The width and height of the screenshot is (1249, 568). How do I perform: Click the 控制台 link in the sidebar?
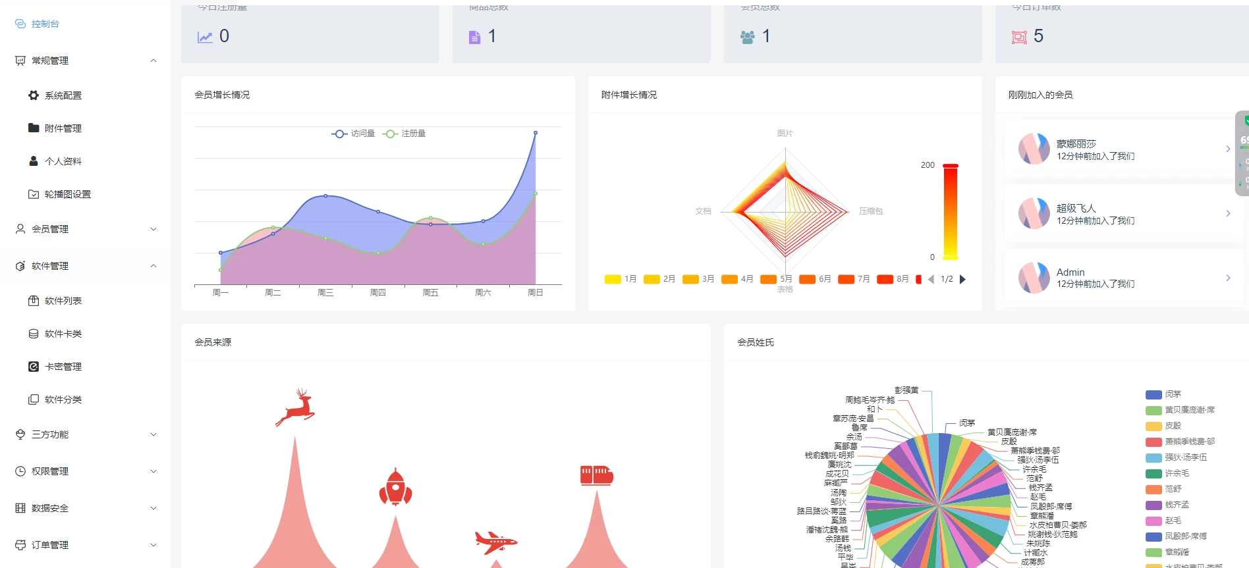tap(45, 24)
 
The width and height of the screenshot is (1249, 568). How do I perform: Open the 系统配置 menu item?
tap(63, 95)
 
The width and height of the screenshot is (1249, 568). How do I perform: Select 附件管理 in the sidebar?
tap(63, 128)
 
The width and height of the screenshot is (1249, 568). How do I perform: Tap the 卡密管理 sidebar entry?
tap(63, 367)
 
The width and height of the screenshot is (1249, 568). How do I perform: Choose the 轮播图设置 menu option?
tap(67, 194)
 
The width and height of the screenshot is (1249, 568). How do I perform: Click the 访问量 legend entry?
tap(353, 134)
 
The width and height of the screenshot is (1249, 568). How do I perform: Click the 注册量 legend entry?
tap(404, 134)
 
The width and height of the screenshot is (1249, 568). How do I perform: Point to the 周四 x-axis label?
tap(378, 293)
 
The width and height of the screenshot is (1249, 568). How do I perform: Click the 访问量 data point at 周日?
tap(536, 133)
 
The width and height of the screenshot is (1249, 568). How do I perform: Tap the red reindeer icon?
tap(296, 407)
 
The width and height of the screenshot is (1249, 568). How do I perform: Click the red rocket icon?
tap(395, 488)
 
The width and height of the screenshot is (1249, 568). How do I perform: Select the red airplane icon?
tap(495, 542)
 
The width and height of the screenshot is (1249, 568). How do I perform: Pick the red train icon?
tap(596, 475)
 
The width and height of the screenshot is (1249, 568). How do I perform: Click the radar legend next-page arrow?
tap(962, 279)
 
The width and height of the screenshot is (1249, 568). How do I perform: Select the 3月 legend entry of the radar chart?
tap(699, 279)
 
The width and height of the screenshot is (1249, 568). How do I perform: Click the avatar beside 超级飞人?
tap(1034, 213)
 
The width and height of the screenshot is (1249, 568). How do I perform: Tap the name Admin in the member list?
tap(1070, 272)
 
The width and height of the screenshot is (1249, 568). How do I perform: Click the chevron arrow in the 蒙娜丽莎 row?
tap(1228, 149)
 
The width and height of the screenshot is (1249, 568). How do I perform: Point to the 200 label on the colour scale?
tap(928, 165)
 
